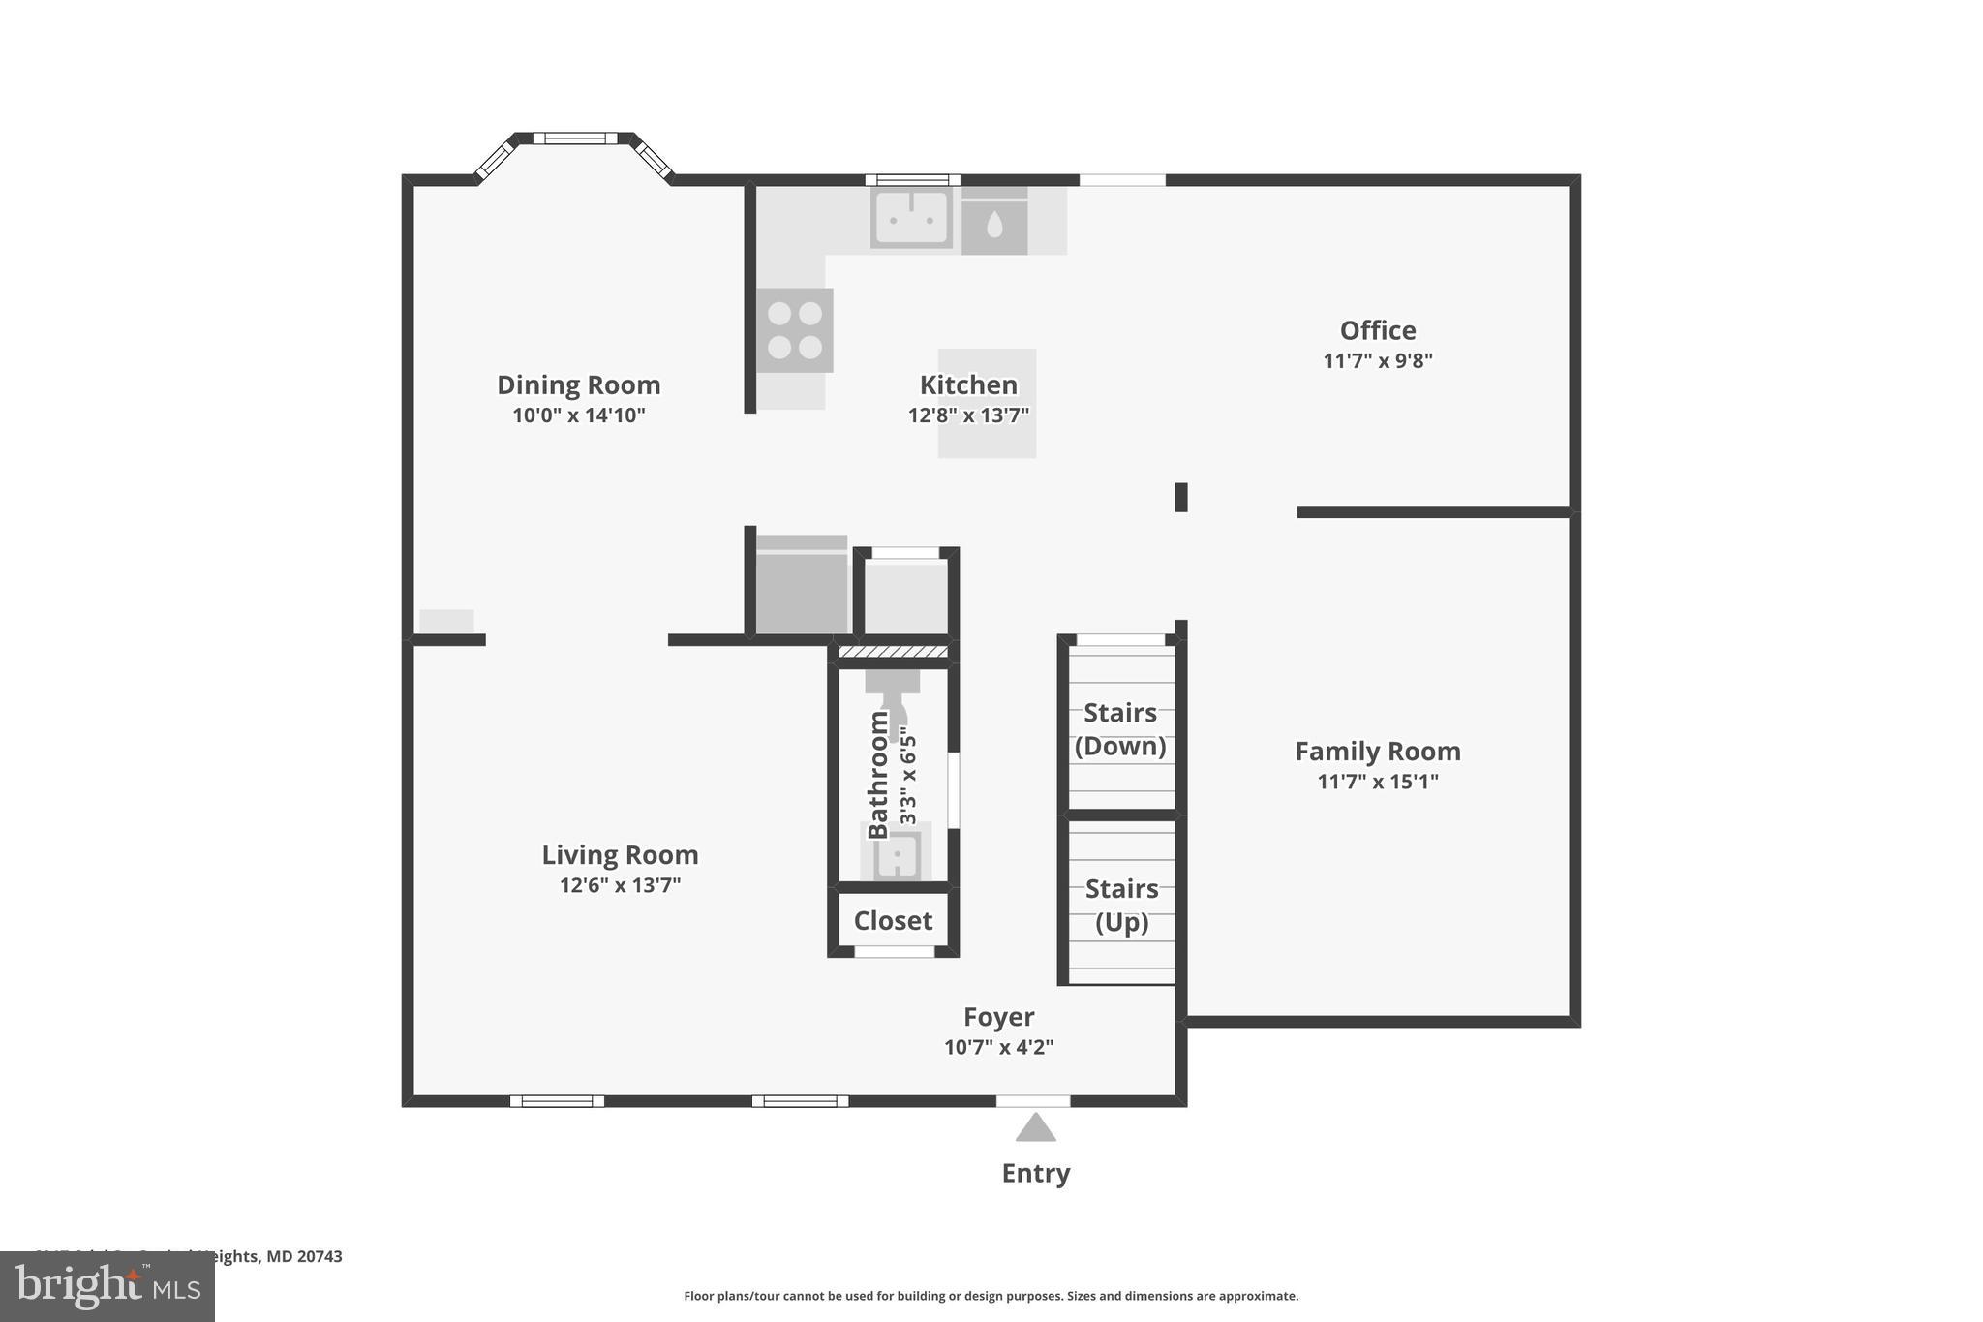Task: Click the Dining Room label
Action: tap(578, 385)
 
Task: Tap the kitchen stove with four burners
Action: tap(795, 329)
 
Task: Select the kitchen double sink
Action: tap(911, 217)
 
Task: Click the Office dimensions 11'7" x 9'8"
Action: tap(1377, 361)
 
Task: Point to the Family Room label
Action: tap(1377, 752)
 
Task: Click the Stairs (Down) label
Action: tap(1120, 729)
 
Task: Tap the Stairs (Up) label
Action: tap(1121, 905)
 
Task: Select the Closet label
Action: tap(893, 920)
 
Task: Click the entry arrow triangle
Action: tap(1035, 1128)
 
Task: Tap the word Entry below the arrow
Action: tap(1035, 1173)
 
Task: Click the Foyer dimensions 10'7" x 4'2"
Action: tap(998, 1047)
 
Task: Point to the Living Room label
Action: tap(620, 855)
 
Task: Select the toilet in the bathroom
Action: tap(894, 695)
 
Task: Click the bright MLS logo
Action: tap(107, 1286)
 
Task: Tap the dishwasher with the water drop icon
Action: tap(994, 224)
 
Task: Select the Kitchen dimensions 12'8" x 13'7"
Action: tap(968, 415)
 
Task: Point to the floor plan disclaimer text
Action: tap(991, 1296)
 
